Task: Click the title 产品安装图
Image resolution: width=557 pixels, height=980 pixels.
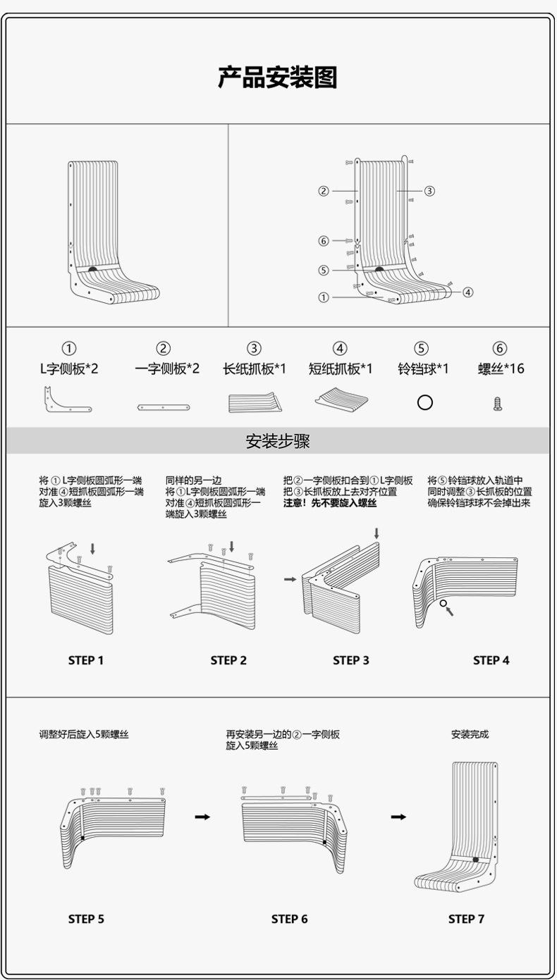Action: coord(278,77)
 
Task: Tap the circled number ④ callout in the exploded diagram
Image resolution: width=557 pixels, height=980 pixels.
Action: coord(467,292)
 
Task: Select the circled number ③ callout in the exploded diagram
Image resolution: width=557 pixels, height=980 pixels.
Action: coord(429,191)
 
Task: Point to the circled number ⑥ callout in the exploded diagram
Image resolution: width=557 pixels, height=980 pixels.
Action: coord(324,241)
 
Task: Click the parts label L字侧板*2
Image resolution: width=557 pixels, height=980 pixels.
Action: coord(69,368)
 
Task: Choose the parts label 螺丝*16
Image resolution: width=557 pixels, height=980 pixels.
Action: coord(501,368)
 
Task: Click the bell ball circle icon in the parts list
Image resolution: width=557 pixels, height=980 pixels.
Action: coord(424,402)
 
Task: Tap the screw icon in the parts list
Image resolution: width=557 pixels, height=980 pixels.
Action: coord(498,404)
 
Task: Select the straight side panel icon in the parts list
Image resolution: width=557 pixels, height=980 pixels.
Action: coord(164,407)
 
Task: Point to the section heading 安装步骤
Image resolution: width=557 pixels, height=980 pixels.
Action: coord(278,442)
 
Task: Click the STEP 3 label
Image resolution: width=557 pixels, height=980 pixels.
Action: coord(351,660)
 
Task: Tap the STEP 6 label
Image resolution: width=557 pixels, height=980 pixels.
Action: coord(290,919)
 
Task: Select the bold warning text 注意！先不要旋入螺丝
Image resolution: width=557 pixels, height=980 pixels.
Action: coord(330,504)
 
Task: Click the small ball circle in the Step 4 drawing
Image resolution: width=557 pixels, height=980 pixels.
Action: coord(443,603)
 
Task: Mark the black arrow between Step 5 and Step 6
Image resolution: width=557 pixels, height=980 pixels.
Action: coord(202,817)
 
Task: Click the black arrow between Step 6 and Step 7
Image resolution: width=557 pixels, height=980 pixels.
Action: coord(398,817)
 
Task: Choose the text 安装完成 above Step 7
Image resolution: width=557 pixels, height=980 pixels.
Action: coord(470,734)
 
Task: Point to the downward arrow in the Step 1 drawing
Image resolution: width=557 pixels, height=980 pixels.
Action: coord(92,547)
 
